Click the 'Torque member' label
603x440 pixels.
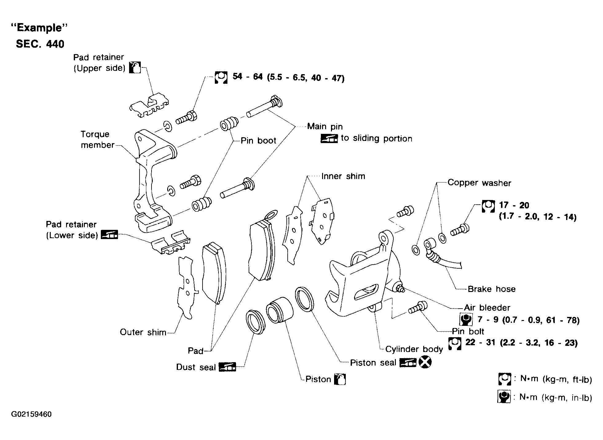coord(97,139)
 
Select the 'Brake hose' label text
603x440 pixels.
coord(491,289)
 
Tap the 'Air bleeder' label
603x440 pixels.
coord(487,307)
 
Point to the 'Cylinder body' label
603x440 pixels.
coord(414,349)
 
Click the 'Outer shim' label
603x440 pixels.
coord(143,332)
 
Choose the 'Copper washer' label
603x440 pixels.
coord(479,183)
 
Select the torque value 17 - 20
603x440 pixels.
coord(514,205)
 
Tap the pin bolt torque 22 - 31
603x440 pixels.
coord(480,342)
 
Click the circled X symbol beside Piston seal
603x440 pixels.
coord(425,362)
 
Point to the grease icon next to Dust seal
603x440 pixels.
coord(227,367)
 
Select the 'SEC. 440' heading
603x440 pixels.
coord(40,44)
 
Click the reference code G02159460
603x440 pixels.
coord(31,414)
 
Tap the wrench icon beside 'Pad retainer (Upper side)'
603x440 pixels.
coord(135,67)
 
